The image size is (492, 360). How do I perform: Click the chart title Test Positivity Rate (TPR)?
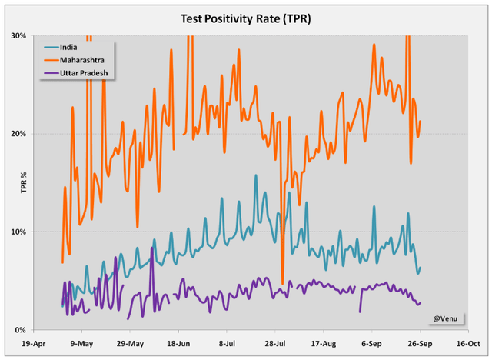tap(246, 17)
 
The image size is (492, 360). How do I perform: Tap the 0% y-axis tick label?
tap(21, 329)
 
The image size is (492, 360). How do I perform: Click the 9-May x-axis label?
tap(81, 344)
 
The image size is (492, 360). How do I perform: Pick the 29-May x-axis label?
tap(130, 344)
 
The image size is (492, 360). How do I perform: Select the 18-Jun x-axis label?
tap(178, 344)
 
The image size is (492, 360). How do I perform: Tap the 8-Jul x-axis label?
tap(227, 344)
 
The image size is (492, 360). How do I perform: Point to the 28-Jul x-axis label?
tap(275, 344)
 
